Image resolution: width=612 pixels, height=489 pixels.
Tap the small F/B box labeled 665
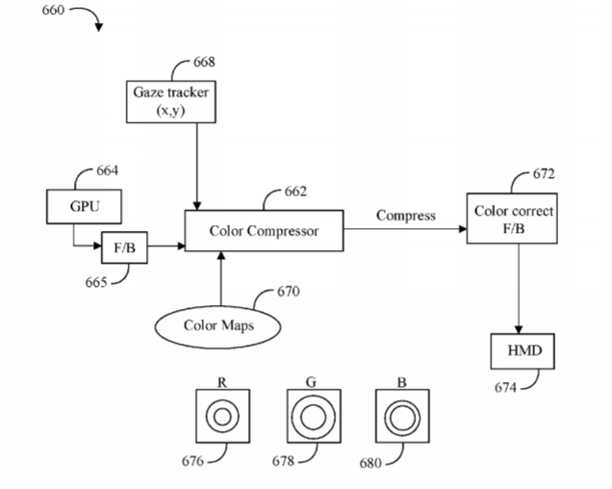[x=124, y=248]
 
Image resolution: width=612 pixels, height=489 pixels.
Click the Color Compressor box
[x=264, y=231]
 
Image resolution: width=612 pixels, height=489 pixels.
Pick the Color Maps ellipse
[x=219, y=325]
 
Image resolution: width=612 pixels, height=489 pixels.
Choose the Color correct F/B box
[x=513, y=219]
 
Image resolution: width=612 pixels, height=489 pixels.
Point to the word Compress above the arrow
[x=405, y=216]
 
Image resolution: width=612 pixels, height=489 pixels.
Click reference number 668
[x=204, y=62]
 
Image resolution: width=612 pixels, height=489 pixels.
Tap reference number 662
[x=295, y=192]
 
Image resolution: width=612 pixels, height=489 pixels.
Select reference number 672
[x=544, y=174]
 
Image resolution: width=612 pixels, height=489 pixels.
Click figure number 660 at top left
[x=56, y=12]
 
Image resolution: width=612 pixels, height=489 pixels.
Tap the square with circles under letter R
[x=221, y=416]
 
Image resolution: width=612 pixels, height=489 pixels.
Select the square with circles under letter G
[x=312, y=417]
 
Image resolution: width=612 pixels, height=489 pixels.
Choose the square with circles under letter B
[x=400, y=417]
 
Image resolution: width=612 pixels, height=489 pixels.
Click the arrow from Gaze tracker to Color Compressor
[x=196, y=164]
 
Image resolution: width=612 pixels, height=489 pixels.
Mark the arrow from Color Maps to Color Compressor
[x=220, y=279]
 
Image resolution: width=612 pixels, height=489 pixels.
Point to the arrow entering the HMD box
[x=520, y=289]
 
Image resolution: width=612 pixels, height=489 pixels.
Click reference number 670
[x=289, y=291]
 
